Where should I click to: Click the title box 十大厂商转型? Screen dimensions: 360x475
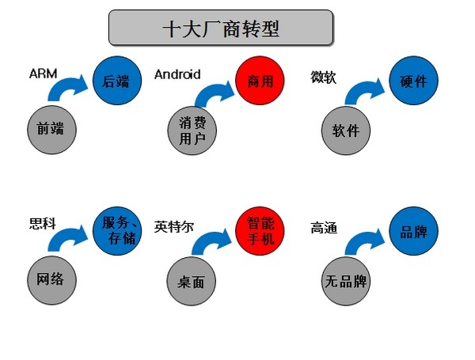(220, 28)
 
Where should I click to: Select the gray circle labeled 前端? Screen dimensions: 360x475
(51, 130)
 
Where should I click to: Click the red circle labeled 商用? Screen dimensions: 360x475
(259, 80)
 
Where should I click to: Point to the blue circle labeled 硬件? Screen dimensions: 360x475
(413, 80)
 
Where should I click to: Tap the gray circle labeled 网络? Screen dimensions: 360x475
(51, 279)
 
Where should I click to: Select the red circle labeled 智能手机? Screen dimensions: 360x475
(259, 230)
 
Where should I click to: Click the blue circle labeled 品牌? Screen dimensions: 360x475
(413, 230)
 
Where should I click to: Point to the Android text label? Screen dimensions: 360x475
(177, 74)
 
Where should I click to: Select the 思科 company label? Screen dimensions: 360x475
(42, 225)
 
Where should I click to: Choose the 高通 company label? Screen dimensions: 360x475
(325, 229)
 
